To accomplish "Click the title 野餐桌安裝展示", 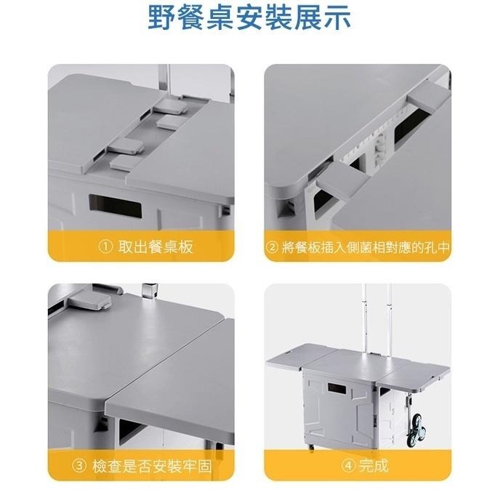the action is point(249,17).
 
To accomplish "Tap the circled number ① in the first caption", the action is point(105,247).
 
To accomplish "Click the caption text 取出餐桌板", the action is point(156,247).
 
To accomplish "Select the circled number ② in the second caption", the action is point(272,247).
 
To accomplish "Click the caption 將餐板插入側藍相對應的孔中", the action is point(365,247).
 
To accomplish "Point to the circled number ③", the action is point(79,466).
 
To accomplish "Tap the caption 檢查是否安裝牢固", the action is point(152,466).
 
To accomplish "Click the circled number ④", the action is point(348,465).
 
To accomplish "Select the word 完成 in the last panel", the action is point(374,465).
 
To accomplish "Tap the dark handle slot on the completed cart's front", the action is point(338,387).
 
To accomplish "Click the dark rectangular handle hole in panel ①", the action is point(116,205).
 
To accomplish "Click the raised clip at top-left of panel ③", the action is point(89,300).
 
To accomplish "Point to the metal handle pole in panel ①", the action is point(164,80).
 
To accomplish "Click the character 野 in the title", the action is point(161,17).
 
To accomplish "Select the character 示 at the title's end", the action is point(337,17).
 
